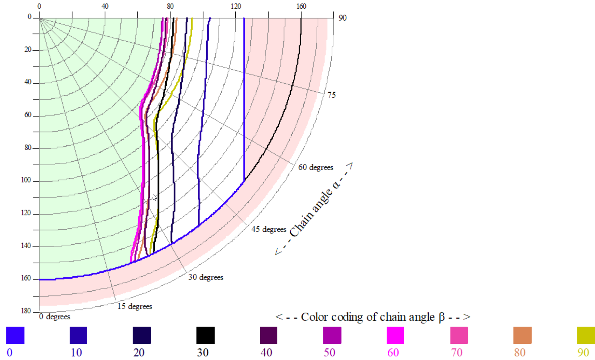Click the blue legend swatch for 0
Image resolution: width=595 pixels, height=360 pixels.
(15, 335)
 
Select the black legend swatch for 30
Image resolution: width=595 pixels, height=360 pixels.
(206, 335)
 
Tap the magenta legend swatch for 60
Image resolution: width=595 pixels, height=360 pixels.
(395, 335)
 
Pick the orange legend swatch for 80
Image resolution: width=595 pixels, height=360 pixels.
(522, 335)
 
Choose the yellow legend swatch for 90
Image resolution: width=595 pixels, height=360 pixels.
(586, 335)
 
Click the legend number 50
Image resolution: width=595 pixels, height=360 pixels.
(329, 352)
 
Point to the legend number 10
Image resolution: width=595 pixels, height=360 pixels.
(76, 352)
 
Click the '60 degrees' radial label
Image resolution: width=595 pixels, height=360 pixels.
(315, 167)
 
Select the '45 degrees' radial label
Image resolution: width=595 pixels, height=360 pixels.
(268, 229)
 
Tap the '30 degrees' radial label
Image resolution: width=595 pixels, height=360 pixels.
(206, 277)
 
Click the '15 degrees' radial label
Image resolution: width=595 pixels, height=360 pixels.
(135, 306)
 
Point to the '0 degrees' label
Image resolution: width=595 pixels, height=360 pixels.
(55, 317)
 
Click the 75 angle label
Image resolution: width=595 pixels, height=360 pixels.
(332, 95)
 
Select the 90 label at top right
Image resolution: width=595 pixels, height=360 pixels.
(342, 18)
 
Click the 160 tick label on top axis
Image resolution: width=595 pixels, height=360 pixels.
(301, 6)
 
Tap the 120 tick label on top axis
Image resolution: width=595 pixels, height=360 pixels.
(236, 6)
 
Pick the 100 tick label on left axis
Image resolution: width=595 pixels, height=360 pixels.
(26, 180)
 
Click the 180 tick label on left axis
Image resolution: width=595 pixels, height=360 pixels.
(26, 311)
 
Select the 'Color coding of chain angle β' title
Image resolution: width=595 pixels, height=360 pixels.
(373, 317)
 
